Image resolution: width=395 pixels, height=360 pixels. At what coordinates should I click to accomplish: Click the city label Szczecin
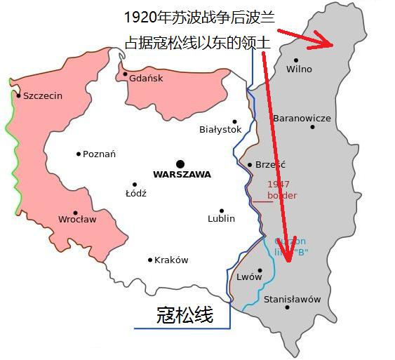click(43, 96)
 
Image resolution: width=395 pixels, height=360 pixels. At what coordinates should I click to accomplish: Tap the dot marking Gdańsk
click(126, 74)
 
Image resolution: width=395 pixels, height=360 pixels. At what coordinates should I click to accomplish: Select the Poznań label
click(99, 154)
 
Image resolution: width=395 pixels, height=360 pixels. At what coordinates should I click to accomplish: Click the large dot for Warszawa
click(180, 164)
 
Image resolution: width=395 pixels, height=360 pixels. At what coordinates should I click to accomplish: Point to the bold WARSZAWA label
click(182, 175)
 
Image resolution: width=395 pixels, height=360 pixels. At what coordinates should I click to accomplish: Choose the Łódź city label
click(135, 194)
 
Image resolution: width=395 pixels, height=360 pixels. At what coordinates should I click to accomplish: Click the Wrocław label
click(77, 220)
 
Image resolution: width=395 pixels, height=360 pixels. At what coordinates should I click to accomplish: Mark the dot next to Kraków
click(150, 260)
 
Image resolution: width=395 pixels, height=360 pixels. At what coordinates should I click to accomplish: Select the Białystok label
click(220, 130)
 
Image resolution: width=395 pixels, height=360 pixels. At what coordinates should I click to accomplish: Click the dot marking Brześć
click(250, 165)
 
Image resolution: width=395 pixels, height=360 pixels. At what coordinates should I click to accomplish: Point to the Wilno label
click(300, 69)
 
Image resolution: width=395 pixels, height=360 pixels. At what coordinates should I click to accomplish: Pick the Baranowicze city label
click(302, 119)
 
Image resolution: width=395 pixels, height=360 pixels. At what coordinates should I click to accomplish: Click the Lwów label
click(249, 277)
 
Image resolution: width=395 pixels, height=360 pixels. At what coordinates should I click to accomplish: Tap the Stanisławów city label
click(292, 300)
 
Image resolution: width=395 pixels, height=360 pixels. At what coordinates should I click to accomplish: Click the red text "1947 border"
click(282, 190)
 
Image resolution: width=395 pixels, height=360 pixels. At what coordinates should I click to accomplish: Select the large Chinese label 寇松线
click(184, 315)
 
